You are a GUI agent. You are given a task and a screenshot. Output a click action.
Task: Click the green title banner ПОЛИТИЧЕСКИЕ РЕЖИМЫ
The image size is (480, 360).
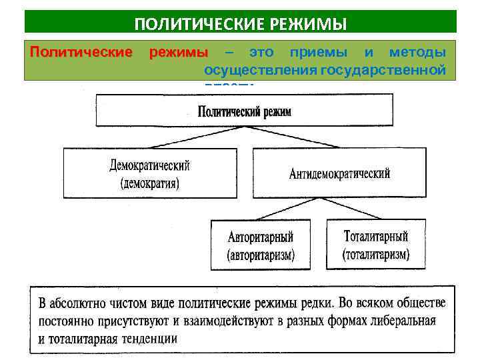(241, 23)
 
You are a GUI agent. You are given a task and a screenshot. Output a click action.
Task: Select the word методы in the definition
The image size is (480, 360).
(417, 52)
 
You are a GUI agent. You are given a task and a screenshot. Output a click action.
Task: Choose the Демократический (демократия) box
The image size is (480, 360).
(150, 173)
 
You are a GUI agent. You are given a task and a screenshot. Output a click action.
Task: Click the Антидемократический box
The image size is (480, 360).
(339, 173)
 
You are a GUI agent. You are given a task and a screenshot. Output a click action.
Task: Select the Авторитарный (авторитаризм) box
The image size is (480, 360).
(261, 245)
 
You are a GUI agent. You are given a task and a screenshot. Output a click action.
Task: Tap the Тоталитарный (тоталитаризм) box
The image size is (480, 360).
(376, 245)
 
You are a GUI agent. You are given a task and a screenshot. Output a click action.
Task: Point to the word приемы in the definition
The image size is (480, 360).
(318, 52)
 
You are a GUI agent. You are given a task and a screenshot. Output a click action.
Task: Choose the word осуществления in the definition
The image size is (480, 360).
(247, 69)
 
